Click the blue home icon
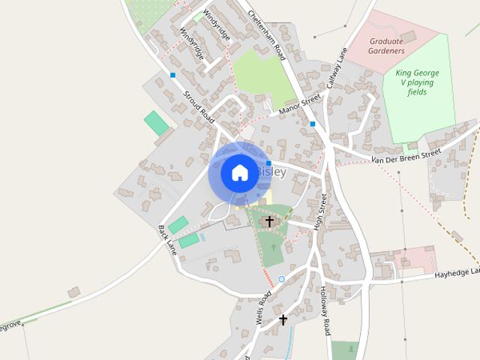click(x=239, y=172)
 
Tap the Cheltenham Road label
click(x=267, y=34)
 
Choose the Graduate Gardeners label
click(x=386, y=46)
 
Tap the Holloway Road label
click(x=326, y=310)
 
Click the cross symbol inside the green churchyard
click(x=270, y=221)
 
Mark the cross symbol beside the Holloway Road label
click(x=283, y=319)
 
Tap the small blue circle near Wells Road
click(x=281, y=279)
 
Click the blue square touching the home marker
click(x=268, y=163)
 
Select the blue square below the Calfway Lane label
click(x=313, y=124)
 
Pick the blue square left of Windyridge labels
click(x=172, y=75)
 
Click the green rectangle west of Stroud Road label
click(x=157, y=123)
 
